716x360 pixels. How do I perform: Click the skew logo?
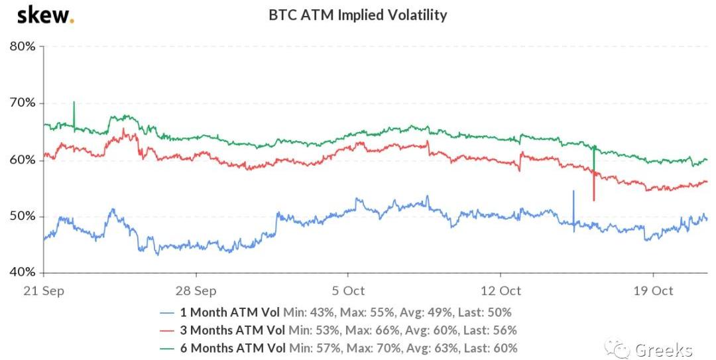[45, 15]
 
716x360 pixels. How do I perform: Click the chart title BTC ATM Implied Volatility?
[357, 15]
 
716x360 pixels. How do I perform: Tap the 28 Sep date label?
[197, 290]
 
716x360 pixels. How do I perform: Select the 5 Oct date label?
[349, 290]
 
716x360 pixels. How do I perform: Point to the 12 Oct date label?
[501, 290]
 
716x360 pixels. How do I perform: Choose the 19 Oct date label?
[653, 290]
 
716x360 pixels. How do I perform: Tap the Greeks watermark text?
[663, 350]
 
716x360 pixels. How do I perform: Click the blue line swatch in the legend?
[168, 312]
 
